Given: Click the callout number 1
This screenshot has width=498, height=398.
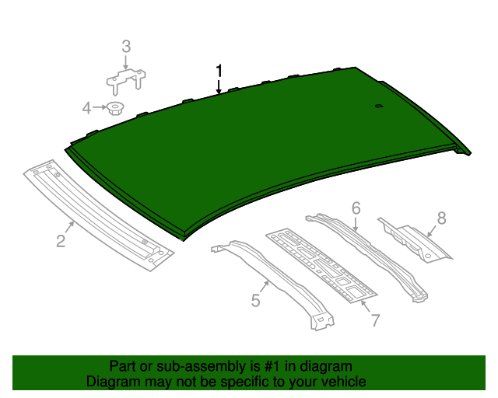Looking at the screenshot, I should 219,71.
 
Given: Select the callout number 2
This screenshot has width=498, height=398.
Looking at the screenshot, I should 61,241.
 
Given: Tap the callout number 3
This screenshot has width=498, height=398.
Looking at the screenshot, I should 126,49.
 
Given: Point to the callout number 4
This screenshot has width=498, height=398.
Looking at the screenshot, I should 87,107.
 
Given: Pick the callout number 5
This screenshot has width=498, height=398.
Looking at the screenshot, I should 255,300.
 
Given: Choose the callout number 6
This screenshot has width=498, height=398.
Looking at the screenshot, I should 356,208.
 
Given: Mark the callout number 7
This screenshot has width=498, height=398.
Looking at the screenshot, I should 374,319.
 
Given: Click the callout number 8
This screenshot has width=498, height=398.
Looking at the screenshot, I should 441,218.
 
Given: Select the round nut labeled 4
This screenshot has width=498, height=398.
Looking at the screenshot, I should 115,107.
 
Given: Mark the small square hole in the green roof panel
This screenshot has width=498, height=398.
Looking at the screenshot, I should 378,106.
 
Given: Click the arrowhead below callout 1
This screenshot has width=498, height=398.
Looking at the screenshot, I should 219,92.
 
